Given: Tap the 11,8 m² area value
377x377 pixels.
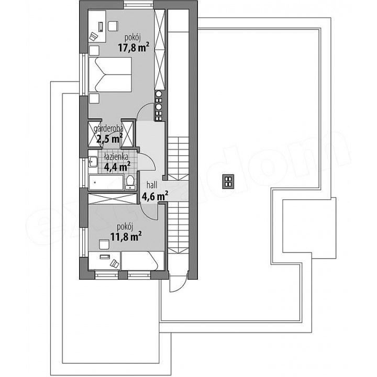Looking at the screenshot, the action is click(126, 237).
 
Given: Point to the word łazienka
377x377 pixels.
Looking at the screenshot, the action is click(116, 157).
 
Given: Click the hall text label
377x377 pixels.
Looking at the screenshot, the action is click(152, 185).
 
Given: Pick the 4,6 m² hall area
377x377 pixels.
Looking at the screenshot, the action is click(155, 196).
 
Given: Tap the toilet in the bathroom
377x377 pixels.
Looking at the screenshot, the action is click(130, 183).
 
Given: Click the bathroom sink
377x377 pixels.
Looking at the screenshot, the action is click(93, 162).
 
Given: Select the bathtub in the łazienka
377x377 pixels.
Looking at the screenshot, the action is click(106, 183).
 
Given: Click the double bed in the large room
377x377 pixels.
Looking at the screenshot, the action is click(110, 74).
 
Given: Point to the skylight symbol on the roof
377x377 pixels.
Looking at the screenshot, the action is click(228, 181).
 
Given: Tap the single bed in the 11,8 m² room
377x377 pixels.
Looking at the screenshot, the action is click(143, 260).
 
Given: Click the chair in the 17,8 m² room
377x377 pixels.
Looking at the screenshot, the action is click(113, 26).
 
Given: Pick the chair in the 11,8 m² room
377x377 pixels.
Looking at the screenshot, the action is click(104, 244).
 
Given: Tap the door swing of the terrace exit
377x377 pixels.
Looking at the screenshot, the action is click(183, 286).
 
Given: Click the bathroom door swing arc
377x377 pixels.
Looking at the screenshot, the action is click(151, 161).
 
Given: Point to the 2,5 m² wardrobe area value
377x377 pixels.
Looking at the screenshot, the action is click(109, 138).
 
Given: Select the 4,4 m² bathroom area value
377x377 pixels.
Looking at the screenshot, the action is click(117, 167).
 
